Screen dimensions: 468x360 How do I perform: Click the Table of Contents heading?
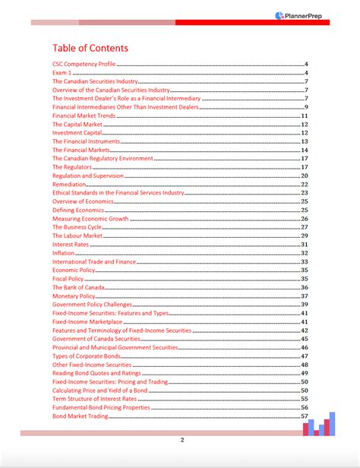[x=90, y=48]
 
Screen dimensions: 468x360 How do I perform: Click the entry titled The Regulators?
[x=72, y=167]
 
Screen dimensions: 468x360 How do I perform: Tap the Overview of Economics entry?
[x=82, y=201]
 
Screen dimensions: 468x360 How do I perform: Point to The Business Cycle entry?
[x=76, y=227]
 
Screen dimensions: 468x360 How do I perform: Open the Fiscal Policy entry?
[x=68, y=279]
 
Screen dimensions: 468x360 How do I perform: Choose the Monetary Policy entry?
[x=74, y=296]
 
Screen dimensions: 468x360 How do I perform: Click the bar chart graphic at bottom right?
[x=319, y=424]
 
